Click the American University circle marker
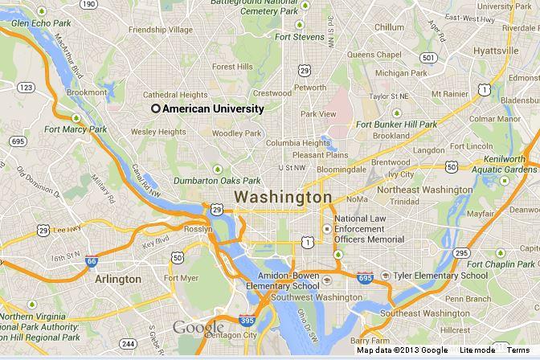pyautogui.click(x=156, y=108)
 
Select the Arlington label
pyautogui.click(x=118, y=279)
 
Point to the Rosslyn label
pyautogui.click(x=198, y=229)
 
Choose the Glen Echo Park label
pyautogui.click(x=43, y=23)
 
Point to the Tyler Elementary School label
pyautogui.click(x=439, y=276)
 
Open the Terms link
pyautogui.click(x=517, y=350)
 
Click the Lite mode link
pyautogui.click(x=477, y=350)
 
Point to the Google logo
pyautogui.click(x=198, y=328)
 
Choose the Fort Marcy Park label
pyautogui.click(x=76, y=129)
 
